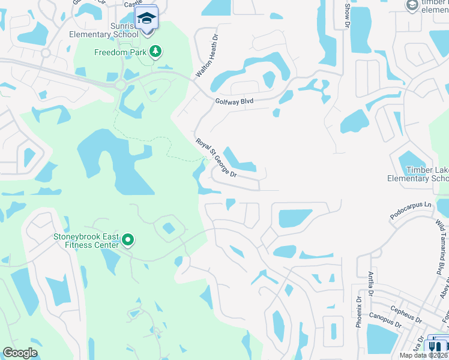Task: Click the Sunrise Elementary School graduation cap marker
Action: click(146, 17)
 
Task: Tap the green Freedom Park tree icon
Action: click(155, 52)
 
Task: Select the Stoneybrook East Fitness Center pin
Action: click(128, 241)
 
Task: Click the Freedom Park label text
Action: click(121, 52)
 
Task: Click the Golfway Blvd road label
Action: click(234, 102)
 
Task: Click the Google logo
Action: click(20, 352)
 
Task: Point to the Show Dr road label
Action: click(346, 15)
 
